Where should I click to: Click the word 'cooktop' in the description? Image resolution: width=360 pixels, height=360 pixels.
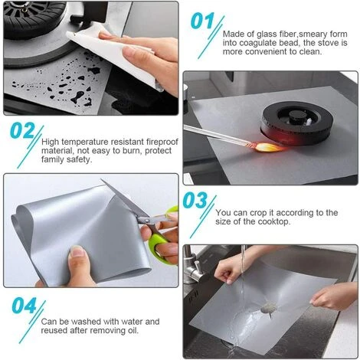274,221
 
